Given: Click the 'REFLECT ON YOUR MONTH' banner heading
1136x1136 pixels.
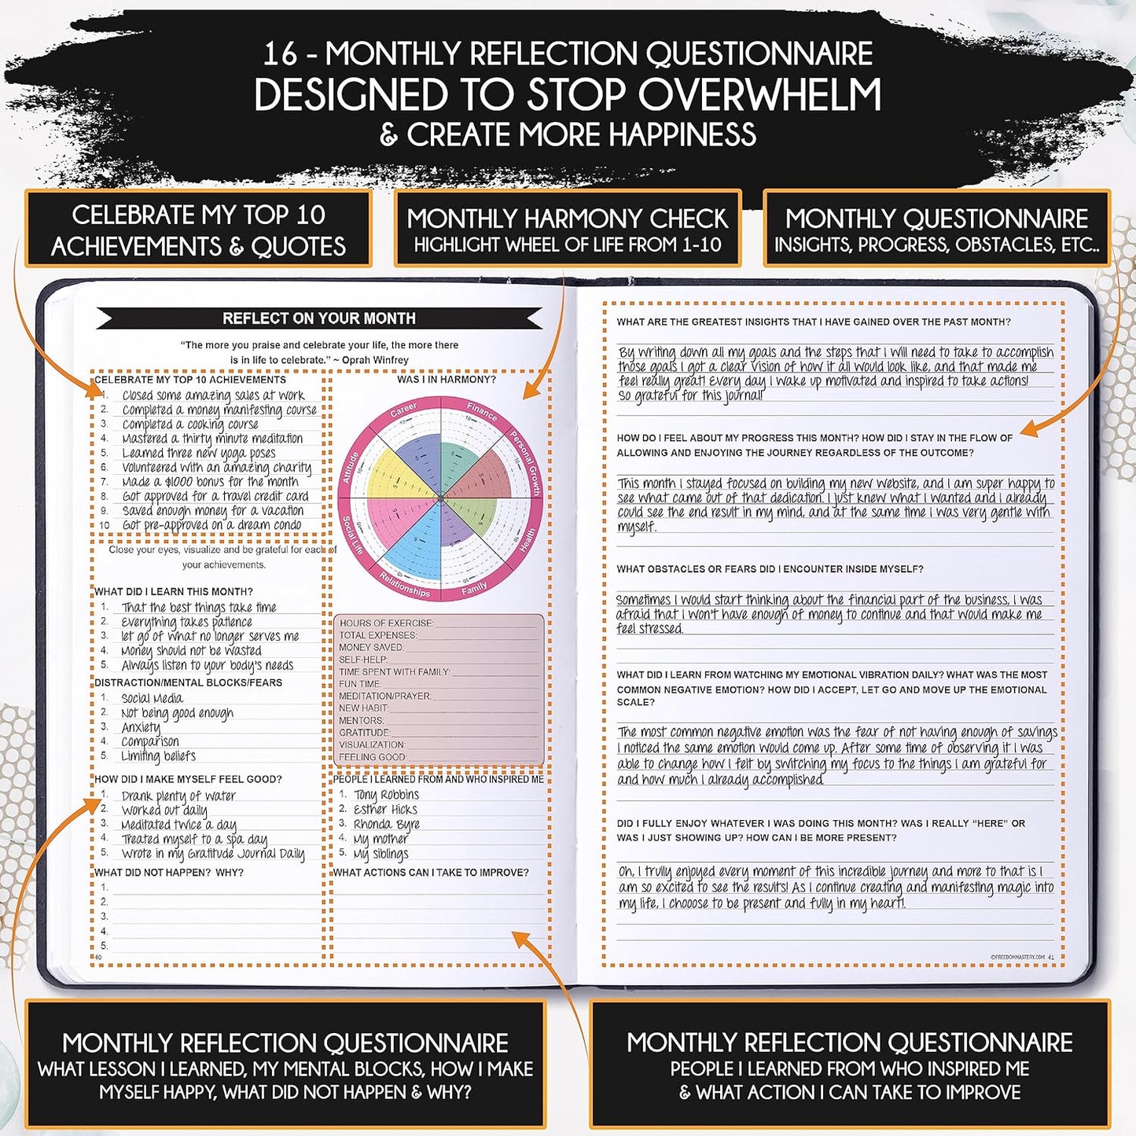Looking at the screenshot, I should coord(318,318).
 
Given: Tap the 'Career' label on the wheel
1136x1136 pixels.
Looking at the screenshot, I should coord(403,410).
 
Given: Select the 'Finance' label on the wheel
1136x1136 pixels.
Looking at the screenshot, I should coord(481,411).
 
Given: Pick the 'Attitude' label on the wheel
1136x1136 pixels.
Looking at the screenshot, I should coord(351,467).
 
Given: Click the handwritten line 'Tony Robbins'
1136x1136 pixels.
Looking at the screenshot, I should coord(386,795).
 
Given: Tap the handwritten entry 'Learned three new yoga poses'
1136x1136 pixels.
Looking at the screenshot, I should coord(198,453).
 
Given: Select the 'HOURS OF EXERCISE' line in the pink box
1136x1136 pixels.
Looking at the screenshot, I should coord(386,623).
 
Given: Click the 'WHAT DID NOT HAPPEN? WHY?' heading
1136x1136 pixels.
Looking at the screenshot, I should coord(169,873).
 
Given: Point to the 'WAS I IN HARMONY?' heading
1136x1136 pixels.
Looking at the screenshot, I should coord(446,380).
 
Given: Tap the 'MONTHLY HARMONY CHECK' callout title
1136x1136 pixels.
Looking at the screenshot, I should coord(568,218).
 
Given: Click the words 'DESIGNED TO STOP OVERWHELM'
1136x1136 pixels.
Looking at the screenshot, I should coord(568,94).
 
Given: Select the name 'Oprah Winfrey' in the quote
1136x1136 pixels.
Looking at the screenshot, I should coord(375,360).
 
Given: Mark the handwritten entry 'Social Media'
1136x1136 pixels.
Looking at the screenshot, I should coord(152,698).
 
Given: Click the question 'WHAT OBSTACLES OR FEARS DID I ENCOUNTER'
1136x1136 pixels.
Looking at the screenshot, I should coord(770,569).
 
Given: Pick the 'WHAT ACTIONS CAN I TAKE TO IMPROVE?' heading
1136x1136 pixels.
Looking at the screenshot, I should coord(431,873).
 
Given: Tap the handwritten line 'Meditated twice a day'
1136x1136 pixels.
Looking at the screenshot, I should coord(178,825).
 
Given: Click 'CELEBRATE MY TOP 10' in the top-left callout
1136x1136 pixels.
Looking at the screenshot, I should coord(198,215).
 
